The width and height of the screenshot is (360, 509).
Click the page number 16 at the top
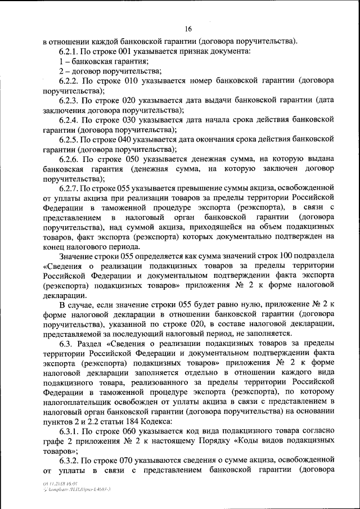pyautogui.click(x=188, y=29)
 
